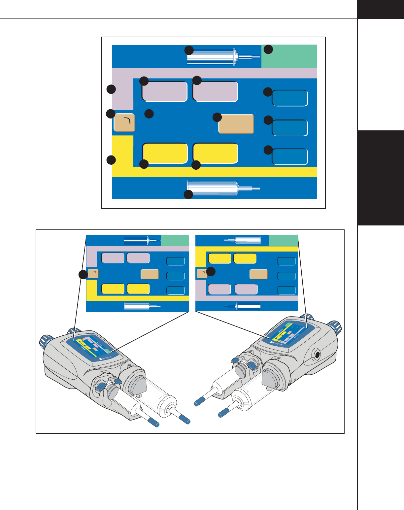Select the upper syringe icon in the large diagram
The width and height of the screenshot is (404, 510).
[x=218, y=57]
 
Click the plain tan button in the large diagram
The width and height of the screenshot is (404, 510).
[x=236, y=124]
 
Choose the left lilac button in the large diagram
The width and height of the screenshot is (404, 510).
[x=164, y=91]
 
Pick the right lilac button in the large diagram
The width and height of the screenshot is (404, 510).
[x=215, y=91]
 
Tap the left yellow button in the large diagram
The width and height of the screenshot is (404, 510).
[x=165, y=153]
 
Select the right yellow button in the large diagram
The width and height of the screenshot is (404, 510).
[x=215, y=153]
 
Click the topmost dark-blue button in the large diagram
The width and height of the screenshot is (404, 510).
[x=290, y=98]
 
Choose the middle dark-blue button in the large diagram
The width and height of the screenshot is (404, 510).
[x=290, y=128]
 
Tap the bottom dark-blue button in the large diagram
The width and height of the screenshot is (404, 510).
[x=290, y=157]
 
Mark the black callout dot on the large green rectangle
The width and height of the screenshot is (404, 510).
[x=268, y=50]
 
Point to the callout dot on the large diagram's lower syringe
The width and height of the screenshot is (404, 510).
[x=188, y=195]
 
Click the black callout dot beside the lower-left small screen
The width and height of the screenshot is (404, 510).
[x=83, y=275]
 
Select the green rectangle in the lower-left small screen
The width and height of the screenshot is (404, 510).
[x=175, y=240]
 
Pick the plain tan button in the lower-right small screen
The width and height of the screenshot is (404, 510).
[x=258, y=274]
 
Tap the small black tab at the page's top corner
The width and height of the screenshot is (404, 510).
[x=381, y=9]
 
